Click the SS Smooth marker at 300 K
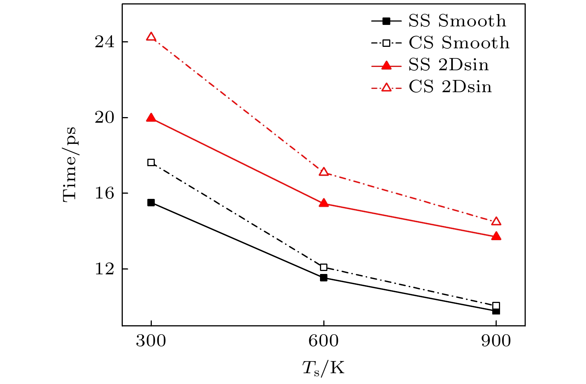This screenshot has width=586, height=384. pyautogui.click(x=151, y=203)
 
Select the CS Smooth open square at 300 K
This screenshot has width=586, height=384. pyautogui.click(x=151, y=162)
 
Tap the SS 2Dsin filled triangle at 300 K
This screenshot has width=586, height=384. pyautogui.click(x=151, y=118)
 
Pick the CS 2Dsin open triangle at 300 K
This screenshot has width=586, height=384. pyautogui.click(x=151, y=37)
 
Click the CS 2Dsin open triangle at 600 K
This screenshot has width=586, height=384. pyautogui.click(x=324, y=172)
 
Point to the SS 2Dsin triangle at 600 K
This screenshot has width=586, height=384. pyautogui.click(x=324, y=203)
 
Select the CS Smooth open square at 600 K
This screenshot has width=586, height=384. pyautogui.click(x=324, y=267)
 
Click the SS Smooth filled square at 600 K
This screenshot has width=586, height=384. pyautogui.click(x=324, y=278)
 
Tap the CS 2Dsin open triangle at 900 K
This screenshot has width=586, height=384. pyautogui.click(x=496, y=222)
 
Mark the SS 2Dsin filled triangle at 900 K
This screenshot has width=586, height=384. pyautogui.click(x=496, y=236)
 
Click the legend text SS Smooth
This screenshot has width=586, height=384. pyautogui.click(x=457, y=21)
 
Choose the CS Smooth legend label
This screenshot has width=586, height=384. pyautogui.click(x=459, y=43)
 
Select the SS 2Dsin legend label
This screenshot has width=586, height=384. pyautogui.click(x=449, y=65)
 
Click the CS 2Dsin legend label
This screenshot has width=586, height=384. pyautogui.click(x=450, y=87)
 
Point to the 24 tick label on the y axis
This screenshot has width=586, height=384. pyautogui.click(x=104, y=42)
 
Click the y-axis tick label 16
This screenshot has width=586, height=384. pyautogui.click(x=104, y=193)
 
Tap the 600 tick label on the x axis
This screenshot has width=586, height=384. pyautogui.click(x=324, y=341)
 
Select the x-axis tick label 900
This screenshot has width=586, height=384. pyautogui.click(x=496, y=341)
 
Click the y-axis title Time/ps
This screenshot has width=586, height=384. pyautogui.click(x=70, y=164)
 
